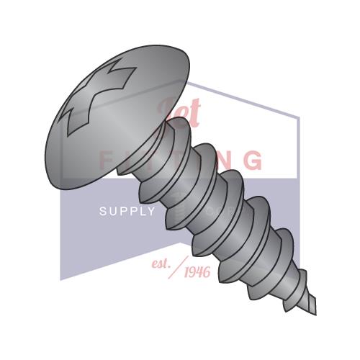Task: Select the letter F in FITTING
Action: [x=105, y=159]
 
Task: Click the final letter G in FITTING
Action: [x=253, y=159]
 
